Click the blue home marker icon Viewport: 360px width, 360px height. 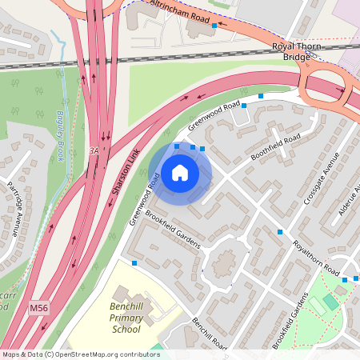coord(180,172)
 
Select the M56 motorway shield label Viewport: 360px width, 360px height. coord(38,306)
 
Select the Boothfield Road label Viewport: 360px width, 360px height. coord(275,146)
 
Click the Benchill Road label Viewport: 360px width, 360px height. coord(210,333)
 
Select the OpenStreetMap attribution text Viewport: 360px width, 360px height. coord(81,354)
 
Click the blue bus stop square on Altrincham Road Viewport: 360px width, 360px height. coord(214,26)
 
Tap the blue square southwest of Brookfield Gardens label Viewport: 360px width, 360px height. coord(134,262)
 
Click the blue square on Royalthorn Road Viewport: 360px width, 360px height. coord(280,232)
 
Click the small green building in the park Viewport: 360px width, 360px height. coord(330,302)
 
